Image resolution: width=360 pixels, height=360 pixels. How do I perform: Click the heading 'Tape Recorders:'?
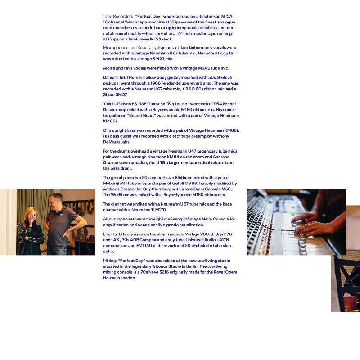click(x=118, y=16)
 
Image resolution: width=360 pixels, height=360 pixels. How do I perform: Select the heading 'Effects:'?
click(x=110, y=234)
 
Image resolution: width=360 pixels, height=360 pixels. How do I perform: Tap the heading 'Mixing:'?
click(x=110, y=261)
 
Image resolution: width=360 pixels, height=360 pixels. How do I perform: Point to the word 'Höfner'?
click(x=135, y=77)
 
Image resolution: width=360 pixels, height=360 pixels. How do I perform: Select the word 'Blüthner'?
click(x=183, y=178)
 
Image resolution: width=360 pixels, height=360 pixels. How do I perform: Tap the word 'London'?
click(x=128, y=278)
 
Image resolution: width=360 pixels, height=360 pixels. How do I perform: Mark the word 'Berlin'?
click(x=192, y=266)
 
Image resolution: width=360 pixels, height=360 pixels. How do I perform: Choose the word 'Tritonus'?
click(x=160, y=266)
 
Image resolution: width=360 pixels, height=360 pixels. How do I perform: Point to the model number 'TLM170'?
click(x=159, y=210)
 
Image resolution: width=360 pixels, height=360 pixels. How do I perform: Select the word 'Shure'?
click(x=108, y=95)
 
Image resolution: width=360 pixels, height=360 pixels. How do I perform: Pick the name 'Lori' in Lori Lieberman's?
click(x=184, y=48)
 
